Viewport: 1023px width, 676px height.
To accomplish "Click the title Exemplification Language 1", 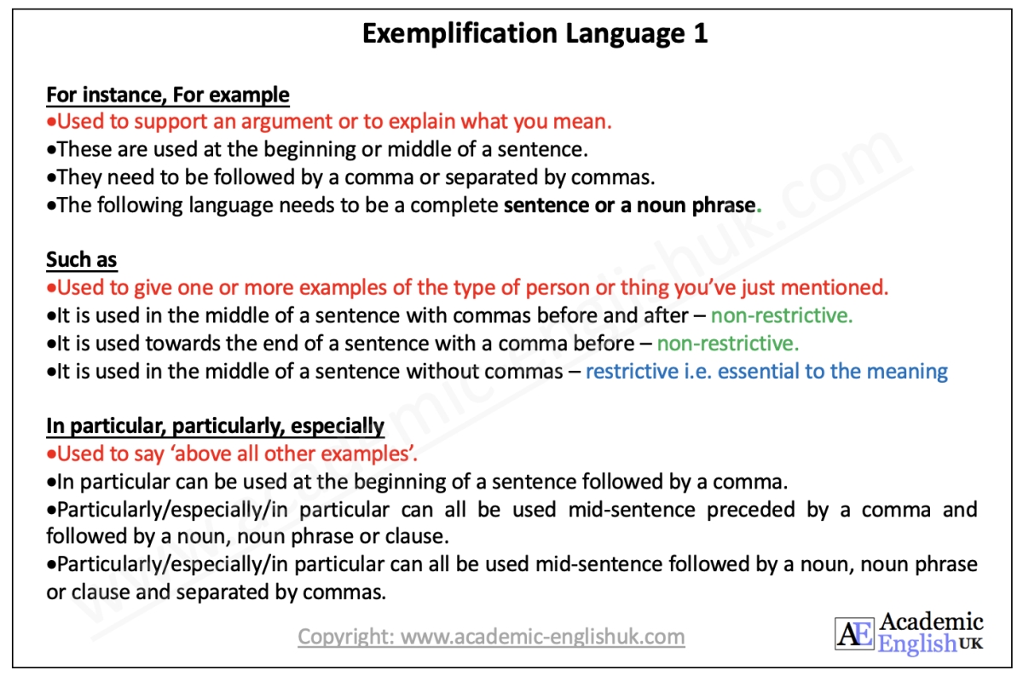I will [x=535, y=33].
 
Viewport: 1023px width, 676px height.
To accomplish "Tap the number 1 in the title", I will [x=698, y=33].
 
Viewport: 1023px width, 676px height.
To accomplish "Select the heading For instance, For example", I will [x=168, y=95].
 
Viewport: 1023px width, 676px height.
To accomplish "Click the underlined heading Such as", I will [x=82, y=260].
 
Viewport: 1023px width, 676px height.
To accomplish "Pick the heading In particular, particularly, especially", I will [x=215, y=425].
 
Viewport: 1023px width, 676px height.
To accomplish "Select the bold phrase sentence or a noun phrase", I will [x=629, y=205].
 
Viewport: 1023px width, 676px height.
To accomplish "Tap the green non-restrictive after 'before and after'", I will [x=782, y=315].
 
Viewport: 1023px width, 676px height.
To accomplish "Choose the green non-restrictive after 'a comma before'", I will [x=728, y=344].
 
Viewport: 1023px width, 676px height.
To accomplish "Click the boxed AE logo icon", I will [x=853, y=634].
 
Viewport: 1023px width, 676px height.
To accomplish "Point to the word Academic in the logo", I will [x=931, y=622].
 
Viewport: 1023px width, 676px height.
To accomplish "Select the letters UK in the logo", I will [x=970, y=644].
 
